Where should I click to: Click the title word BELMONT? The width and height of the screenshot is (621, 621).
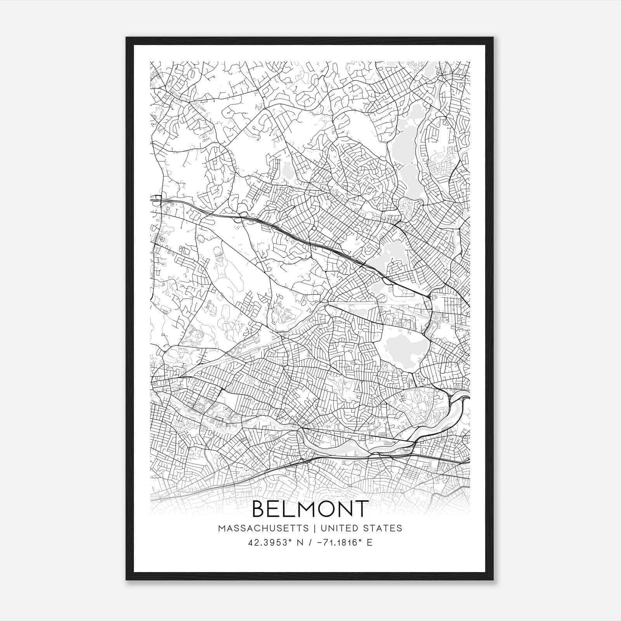[x=310, y=509]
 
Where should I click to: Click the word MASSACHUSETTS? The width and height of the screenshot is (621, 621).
[x=263, y=528]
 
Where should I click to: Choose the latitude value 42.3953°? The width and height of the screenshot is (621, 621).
[x=267, y=543]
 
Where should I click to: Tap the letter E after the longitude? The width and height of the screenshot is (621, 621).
[x=369, y=543]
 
